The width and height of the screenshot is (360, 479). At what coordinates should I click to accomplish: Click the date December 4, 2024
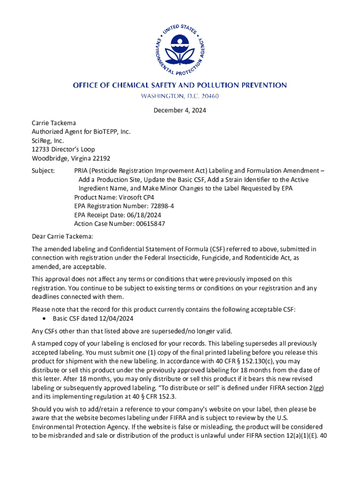point(180,111)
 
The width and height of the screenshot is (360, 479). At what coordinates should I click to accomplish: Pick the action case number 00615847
point(147,224)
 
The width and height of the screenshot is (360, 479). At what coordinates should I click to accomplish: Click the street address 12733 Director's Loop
point(63,150)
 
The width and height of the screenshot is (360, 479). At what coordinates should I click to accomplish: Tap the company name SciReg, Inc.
point(48,141)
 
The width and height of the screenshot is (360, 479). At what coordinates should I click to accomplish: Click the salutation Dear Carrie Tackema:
point(63,236)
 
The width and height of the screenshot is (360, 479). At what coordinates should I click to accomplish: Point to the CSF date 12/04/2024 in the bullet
point(117,319)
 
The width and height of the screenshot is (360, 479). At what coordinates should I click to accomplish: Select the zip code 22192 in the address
point(101,159)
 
